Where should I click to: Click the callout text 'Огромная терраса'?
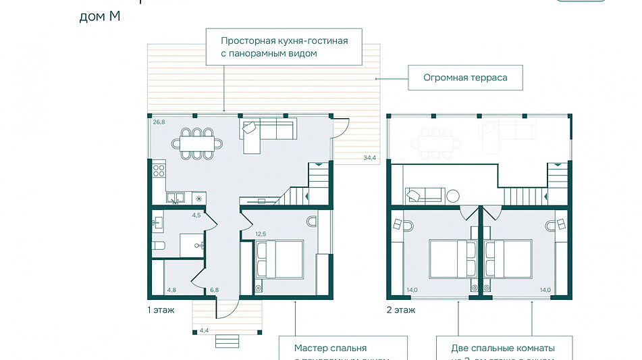click(464, 78)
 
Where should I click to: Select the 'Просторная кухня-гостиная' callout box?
click(284, 47)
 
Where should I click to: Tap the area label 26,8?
click(159, 122)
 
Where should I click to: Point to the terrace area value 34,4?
click(369, 157)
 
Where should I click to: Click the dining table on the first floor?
click(197, 143)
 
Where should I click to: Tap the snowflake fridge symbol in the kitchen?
click(198, 199)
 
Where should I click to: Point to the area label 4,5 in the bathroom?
click(196, 216)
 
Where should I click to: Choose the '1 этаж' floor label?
click(161, 311)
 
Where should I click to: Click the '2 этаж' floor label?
click(401, 311)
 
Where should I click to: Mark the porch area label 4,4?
click(204, 330)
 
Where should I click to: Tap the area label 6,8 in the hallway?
click(214, 290)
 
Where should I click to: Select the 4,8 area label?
click(172, 290)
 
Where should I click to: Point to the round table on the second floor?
click(452, 196)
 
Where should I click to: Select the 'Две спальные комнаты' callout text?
click(503, 349)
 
